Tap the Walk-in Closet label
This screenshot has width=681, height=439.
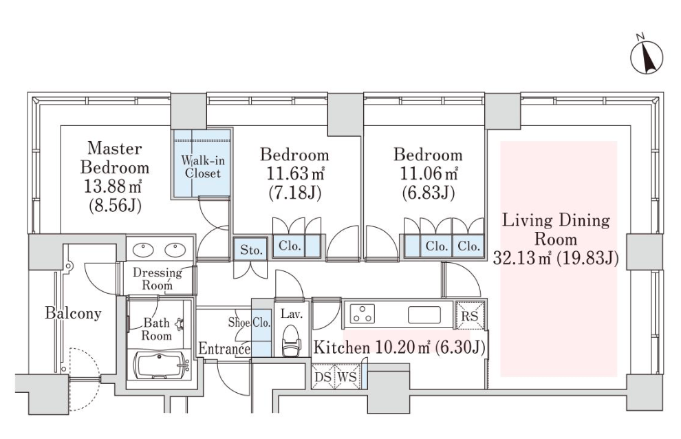[203, 167]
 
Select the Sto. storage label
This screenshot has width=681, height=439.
[251, 250]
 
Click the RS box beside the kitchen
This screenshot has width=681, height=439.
[470, 315]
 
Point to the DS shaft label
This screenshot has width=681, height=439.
[323, 377]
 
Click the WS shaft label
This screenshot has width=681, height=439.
[347, 377]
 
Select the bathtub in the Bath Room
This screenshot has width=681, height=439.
[161, 366]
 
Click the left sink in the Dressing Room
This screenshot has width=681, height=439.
[143, 250]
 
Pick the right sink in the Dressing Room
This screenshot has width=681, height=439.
[175, 250]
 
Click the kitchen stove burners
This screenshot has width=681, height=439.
[363, 314]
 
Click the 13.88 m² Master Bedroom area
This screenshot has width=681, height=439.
[113, 187]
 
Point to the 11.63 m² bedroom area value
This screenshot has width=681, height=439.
[295, 174]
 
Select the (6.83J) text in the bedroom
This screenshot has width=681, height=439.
[428, 193]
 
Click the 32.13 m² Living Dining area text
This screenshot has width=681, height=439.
[522, 259]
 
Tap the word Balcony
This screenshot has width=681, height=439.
[73, 313]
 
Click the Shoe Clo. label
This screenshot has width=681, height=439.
[249, 323]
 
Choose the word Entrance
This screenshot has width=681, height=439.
[224, 349]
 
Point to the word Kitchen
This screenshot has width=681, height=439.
[342, 347]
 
